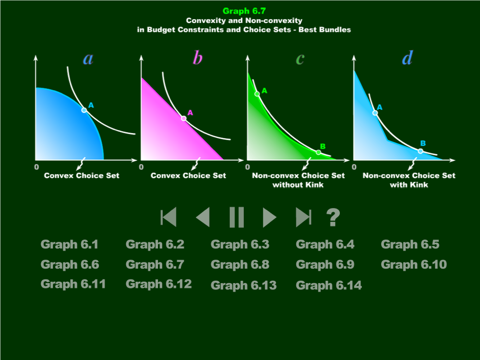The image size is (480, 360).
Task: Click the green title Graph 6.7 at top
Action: (x=244, y=11)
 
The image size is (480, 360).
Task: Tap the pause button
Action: (x=237, y=217)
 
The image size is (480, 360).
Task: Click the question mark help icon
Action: (x=333, y=217)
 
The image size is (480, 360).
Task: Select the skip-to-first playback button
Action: (x=168, y=217)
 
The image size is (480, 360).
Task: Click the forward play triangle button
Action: (x=269, y=217)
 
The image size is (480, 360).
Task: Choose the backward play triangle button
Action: (x=203, y=217)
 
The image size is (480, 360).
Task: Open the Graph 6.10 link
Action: (x=414, y=264)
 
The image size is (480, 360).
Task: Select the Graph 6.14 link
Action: (x=329, y=285)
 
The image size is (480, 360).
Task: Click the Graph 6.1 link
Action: (x=70, y=244)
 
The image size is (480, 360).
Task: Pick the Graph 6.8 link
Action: (x=240, y=264)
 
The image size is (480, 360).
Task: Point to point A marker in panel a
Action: (x=84, y=110)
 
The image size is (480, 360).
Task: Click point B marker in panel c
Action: (x=318, y=152)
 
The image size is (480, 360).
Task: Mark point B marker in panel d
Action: (x=420, y=151)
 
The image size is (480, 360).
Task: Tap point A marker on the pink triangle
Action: (x=184, y=118)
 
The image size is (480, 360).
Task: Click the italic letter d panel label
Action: (x=408, y=58)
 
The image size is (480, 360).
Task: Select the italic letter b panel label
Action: (x=198, y=58)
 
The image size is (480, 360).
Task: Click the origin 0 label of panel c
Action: (x=248, y=167)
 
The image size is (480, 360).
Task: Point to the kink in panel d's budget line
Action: (x=387, y=141)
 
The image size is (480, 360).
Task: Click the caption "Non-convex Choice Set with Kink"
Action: (x=409, y=180)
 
